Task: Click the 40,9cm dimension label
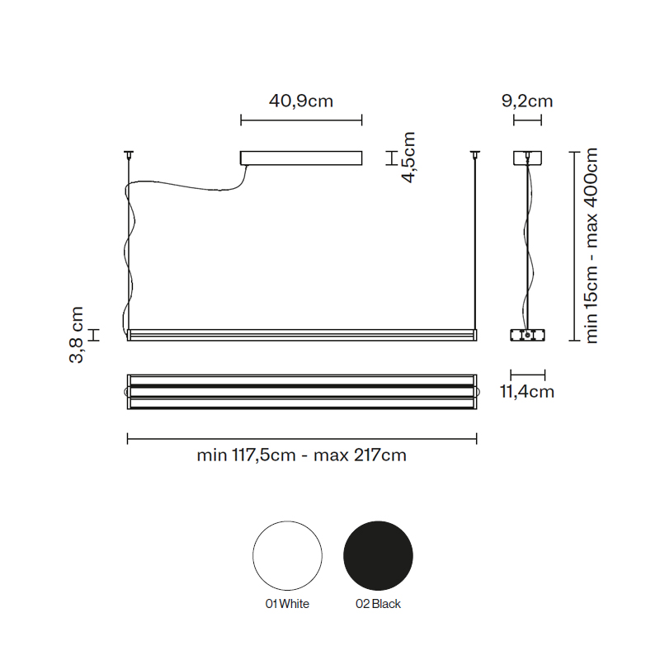pos(301,101)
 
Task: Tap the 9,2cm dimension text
pos(527,101)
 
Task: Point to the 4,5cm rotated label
pos(408,158)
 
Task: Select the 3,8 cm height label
pos(76,335)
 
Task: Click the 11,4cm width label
pos(527,392)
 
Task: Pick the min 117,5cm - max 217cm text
pos(301,455)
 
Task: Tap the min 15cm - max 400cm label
pos(591,245)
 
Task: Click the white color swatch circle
pos(287,555)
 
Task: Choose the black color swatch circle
pos(378,555)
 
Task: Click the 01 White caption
pos(287,604)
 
